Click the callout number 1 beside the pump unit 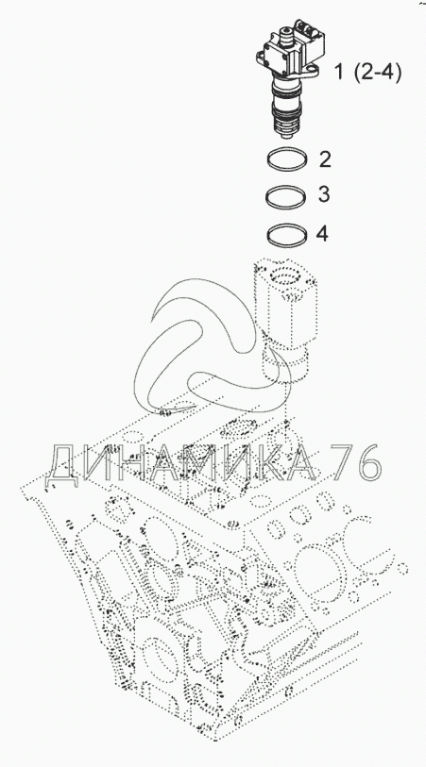(339, 73)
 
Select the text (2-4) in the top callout (376, 73)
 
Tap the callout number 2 (326, 159)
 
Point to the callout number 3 (324, 194)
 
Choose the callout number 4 (322, 234)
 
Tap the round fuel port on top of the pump (285, 33)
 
